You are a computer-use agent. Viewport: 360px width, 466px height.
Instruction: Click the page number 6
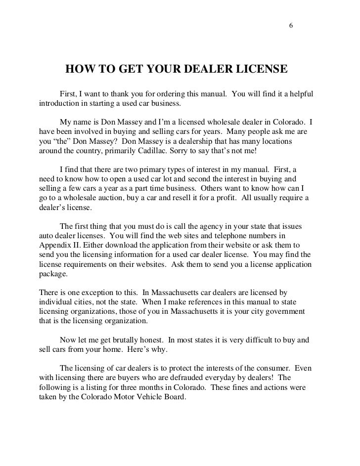tap(291, 26)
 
